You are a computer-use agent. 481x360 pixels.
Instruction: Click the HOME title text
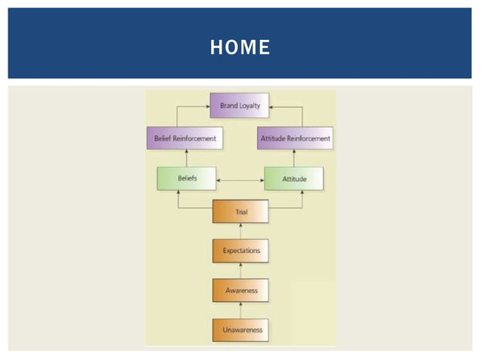point(240,47)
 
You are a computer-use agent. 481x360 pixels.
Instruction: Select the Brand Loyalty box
point(240,106)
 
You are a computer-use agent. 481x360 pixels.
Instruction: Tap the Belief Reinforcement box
point(185,138)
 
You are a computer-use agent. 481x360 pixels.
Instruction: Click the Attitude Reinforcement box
point(296,138)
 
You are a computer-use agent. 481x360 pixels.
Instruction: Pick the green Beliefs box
point(187,178)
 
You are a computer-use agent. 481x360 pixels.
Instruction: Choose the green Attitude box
point(293,178)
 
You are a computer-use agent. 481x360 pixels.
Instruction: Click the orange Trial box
point(240,212)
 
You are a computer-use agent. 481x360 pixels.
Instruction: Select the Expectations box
point(240,249)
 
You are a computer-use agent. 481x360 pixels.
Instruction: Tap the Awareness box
point(240,289)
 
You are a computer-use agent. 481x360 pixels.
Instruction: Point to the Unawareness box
point(240,330)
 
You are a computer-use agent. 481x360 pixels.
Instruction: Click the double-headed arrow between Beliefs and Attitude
point(240,180)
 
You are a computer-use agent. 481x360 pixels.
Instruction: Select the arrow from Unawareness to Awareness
point(240,310)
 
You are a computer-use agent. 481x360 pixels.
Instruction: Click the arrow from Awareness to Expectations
point(240,270)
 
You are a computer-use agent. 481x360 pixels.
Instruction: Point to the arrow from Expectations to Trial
point(240,230)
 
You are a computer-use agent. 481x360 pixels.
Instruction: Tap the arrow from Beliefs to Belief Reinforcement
point(178,158)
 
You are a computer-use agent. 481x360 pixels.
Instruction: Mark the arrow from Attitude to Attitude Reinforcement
point(302,158)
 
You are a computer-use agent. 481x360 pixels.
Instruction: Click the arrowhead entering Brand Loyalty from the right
point(273,107)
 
